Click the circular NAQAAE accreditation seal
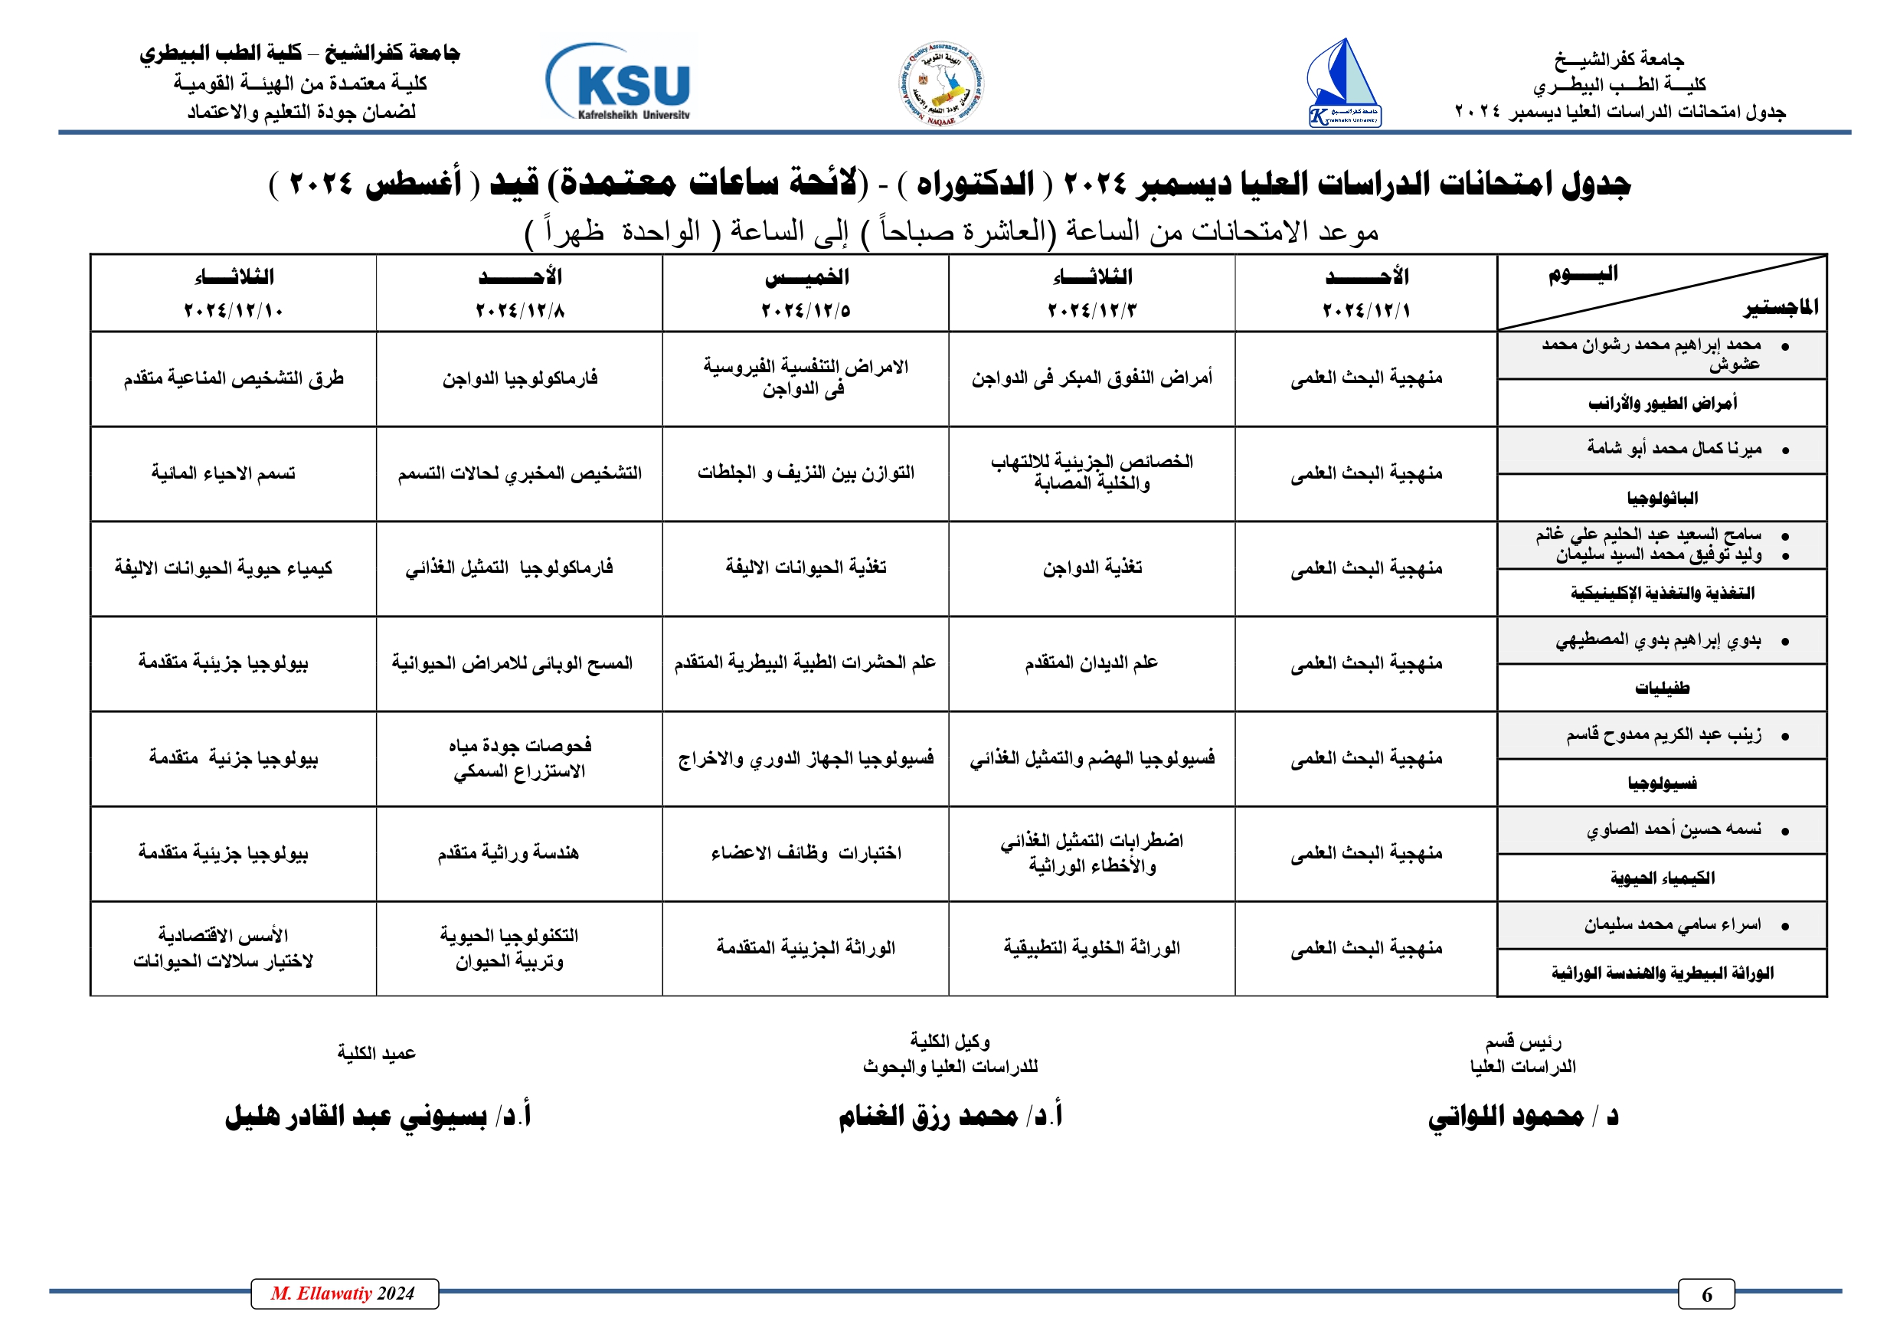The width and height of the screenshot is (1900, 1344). (x=942, y=84)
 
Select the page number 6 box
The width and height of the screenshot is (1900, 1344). (x=1705, y=1294)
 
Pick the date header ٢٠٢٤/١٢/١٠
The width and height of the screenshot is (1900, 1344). (x=234, y=311)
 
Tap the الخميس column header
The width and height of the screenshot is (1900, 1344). (x=806, y=277)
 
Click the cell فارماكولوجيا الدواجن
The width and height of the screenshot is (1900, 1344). (x=520, y=379)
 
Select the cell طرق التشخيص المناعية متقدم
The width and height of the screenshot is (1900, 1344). (x=234, y=379)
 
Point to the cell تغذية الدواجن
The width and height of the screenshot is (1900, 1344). (x=1091, y=567)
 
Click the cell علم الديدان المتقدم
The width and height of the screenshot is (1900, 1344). (x=1091, y=663)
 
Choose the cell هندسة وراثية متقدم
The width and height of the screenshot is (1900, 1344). (x=508, y=853)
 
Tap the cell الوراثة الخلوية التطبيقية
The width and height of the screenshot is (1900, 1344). (x=1091, y=947)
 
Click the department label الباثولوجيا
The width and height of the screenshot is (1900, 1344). (x=1662, y=499)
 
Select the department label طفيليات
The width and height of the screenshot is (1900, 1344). (x=1662, y=688)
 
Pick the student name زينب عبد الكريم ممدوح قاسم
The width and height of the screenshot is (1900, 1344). (x=1663, y=735)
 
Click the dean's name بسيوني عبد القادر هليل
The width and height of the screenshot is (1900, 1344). (x=356, y=1117)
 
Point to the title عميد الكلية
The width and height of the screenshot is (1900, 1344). (x=377, y=1054)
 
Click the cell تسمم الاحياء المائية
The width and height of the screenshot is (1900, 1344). (x=224, y=473)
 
